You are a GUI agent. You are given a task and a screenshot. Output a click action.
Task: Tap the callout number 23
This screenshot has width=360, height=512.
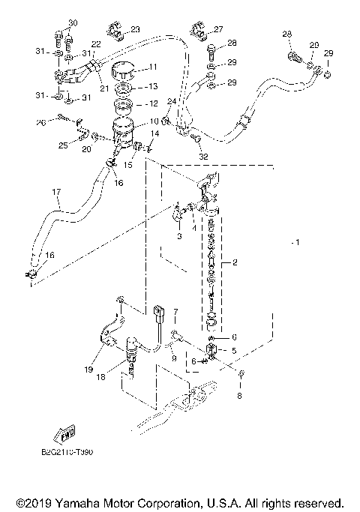(135, 29)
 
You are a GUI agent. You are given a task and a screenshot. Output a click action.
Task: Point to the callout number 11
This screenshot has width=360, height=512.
(152, 67)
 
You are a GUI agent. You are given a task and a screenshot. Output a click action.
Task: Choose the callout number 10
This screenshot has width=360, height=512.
(152, 121)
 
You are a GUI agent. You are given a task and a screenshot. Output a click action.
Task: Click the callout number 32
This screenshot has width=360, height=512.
(204, 157)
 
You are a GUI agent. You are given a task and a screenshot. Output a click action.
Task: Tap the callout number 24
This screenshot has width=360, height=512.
(172, 102)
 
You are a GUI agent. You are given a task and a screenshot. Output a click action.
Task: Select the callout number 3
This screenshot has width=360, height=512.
(179, 235)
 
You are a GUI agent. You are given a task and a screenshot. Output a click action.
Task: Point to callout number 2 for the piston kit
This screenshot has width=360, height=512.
(235, 264)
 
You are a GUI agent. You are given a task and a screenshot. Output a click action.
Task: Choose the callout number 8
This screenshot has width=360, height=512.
(240, 395)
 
